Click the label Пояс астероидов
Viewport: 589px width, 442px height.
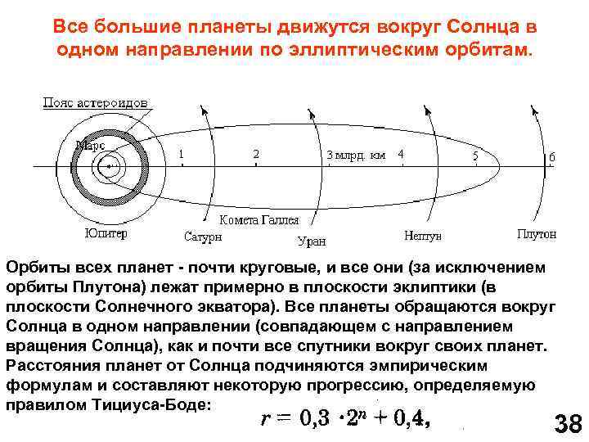(x=95, y=104)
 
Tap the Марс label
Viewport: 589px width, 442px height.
(x=90, y=145)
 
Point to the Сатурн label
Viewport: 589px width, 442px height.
(x=203, y=237)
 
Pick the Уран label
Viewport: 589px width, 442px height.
(x=310, y=241)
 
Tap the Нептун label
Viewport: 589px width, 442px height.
(x=423, y=236)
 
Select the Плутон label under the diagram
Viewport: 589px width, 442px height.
(x=537, y=234)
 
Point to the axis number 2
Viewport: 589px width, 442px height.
(x=256, y=153)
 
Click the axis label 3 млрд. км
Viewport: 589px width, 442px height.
(x=357, y=154)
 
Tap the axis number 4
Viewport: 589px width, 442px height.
(x=400, y=153)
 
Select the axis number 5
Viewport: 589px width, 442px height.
(x=475, y=154)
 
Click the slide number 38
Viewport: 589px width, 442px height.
(x=567, y=424)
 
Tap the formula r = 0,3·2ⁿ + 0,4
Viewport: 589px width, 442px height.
(x=344, y=418)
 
